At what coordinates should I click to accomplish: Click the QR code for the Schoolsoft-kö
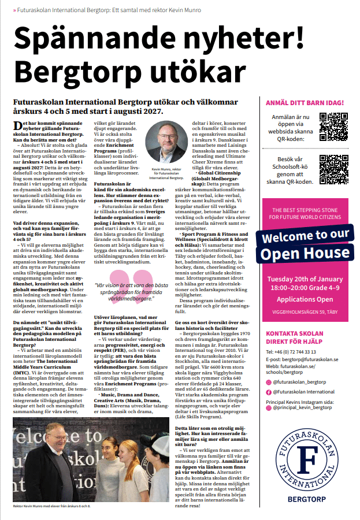click(x=333, y=169)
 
